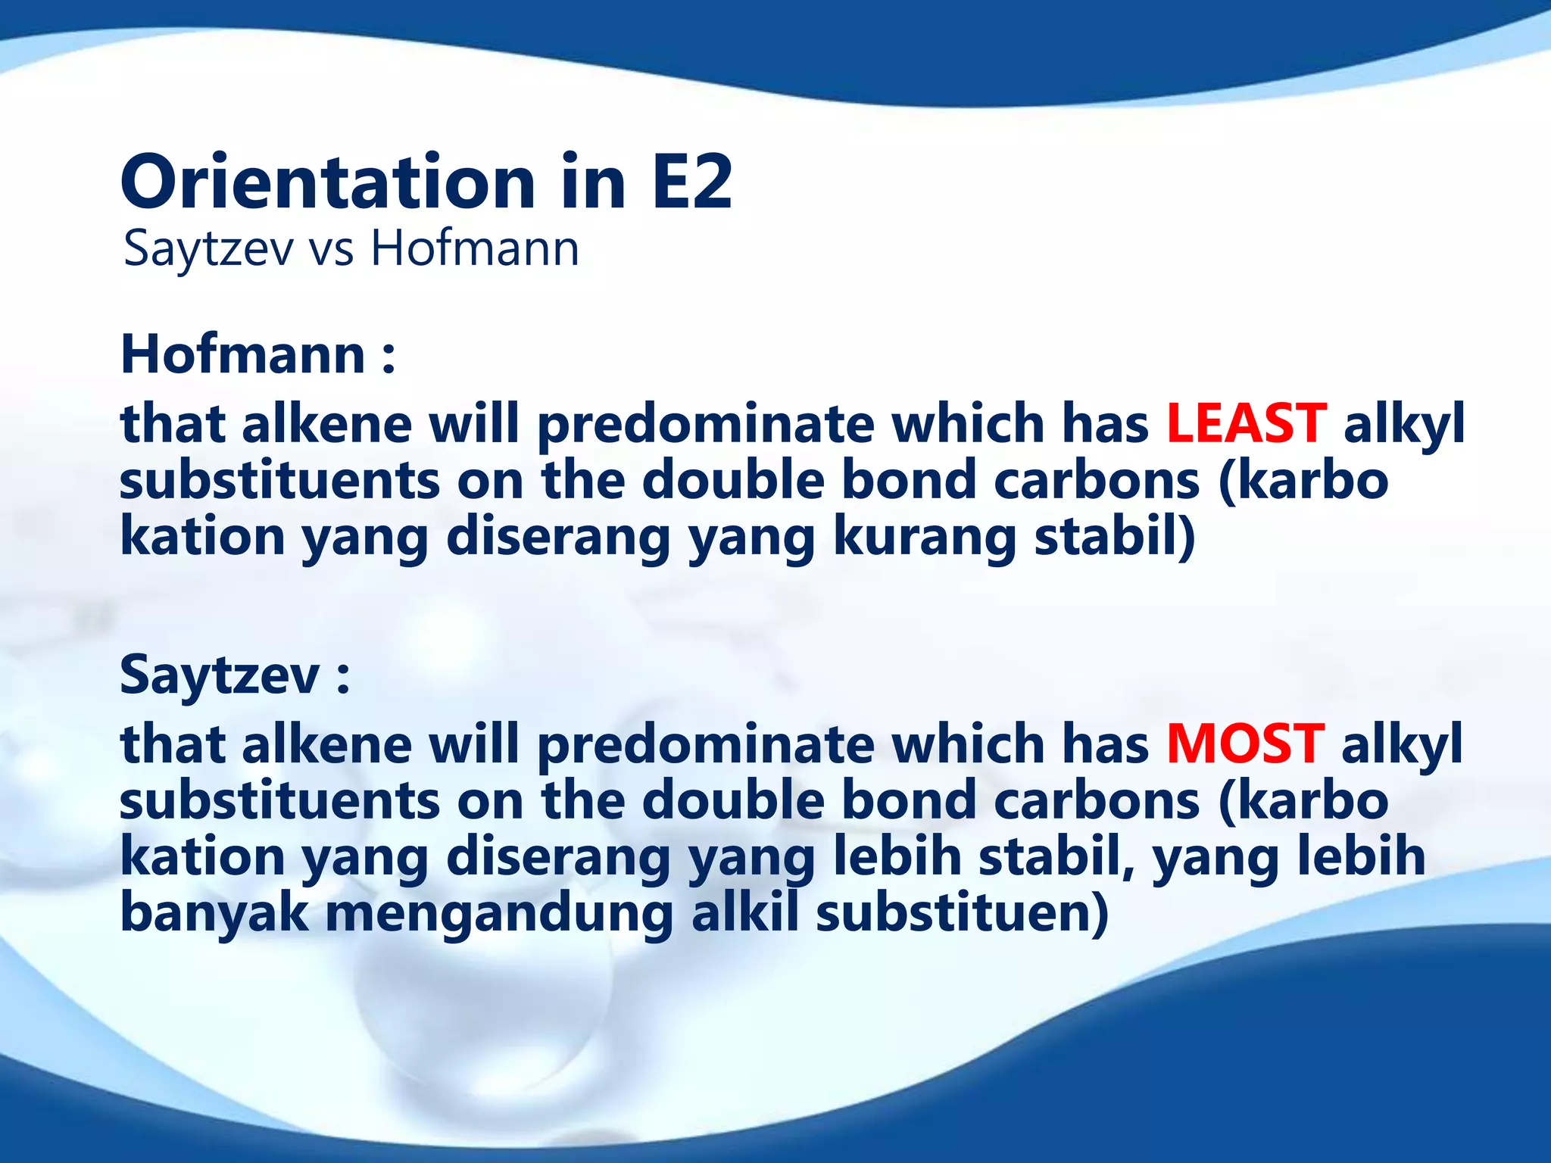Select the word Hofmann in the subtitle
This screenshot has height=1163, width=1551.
pos(475,248)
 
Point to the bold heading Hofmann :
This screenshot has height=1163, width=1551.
pos(257,354)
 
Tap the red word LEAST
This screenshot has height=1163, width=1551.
pos(1246,423)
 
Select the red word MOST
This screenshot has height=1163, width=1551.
pos(1245,744)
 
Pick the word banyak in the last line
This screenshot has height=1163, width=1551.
pos(214,912)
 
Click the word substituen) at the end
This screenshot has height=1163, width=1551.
pos(962,912)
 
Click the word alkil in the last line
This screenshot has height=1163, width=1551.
pos(745,912)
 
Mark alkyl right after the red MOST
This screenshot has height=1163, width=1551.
pos(1402,744)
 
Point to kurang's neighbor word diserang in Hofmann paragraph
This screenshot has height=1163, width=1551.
pos(558,538)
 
